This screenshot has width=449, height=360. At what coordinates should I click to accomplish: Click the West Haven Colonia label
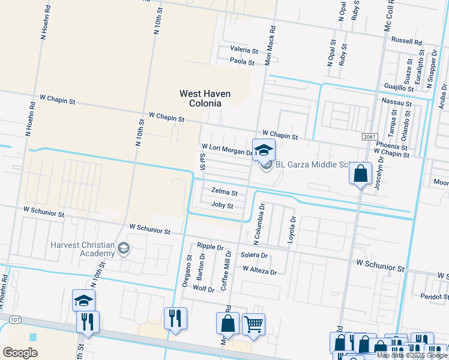200,98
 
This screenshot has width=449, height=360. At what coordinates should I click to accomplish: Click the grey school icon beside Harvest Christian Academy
124,249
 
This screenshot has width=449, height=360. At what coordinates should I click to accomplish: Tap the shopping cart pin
253,324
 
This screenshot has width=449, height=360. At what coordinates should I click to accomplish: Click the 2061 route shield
370,137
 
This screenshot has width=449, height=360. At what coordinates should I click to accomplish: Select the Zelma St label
224,193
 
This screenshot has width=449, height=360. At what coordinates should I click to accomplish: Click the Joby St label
221,205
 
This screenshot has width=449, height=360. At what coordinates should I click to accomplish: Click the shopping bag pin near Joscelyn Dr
360,174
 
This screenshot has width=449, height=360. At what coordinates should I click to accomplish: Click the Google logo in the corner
20,352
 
